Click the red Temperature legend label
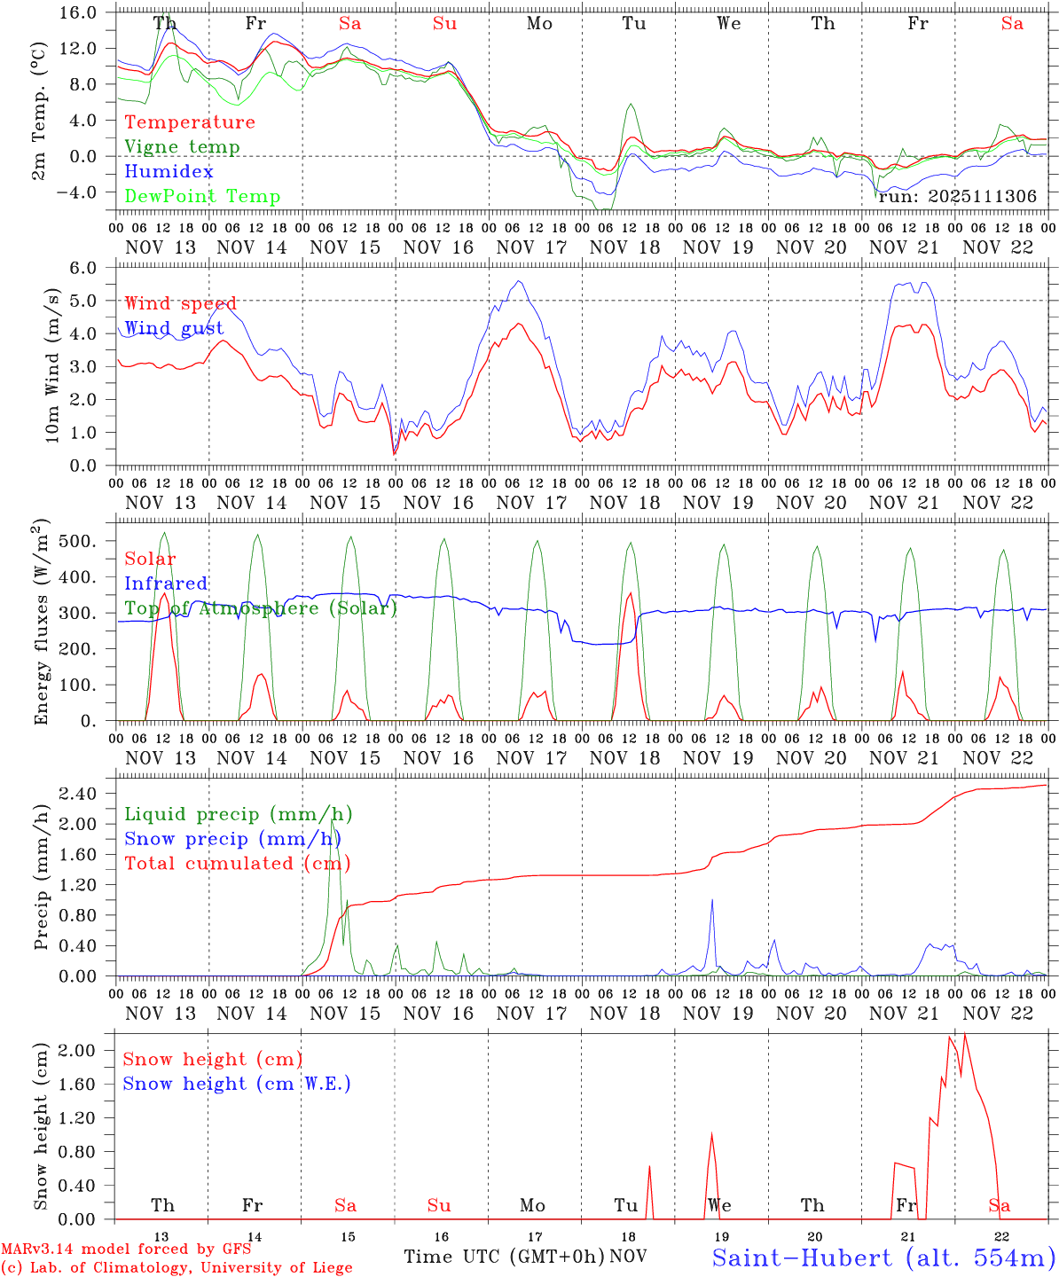tap(189, 122)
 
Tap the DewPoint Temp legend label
tap(202, 197)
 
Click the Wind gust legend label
tap(174, 328)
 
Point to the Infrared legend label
tap(166, 584)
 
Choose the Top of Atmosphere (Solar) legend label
tap(261, 608)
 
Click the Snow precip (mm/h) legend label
tap(233, 839)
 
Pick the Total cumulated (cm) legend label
tap(238, 864)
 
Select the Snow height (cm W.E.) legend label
tap(237, 1084)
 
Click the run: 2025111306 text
tap(957, 197)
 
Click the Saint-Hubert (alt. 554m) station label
tap(883, 1257)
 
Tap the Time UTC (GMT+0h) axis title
tap(504, 1257)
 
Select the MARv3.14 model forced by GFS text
tap(126, 1250)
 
